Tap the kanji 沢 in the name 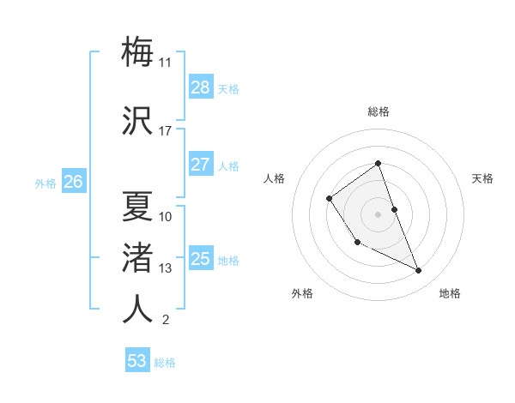pos(137,120)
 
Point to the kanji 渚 pos(137,257)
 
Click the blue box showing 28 pos(201,87)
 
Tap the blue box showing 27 pos(201,165)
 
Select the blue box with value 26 pos(74,182)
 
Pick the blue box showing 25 pos(201,260)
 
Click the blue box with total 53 pos(137,361)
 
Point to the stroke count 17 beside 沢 pos(166,131)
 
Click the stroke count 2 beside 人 pos(166,321)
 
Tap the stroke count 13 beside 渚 pos(166,268)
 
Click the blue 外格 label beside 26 pos(45,183)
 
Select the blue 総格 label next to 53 pos(165,363)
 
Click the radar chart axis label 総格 pos(378,111)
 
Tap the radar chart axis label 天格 pos(482,178)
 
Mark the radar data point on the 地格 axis pos(419,271)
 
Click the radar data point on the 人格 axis pos(330,199)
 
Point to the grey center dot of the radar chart pos(378,214)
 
